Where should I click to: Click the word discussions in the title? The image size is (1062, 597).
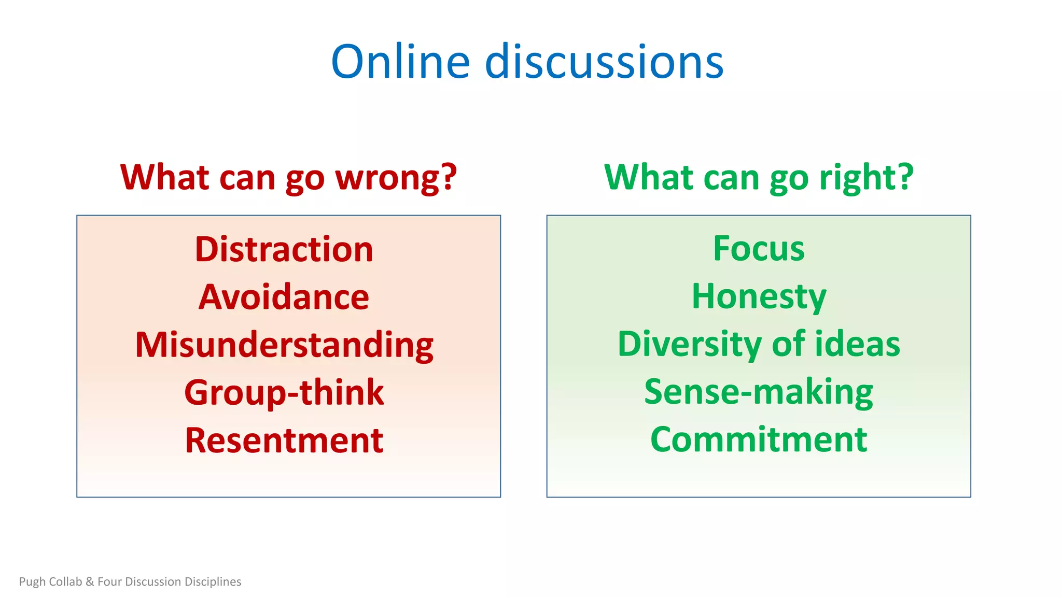pyautogui.click(x=604, y=62)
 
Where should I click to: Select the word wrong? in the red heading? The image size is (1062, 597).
pyautogui.click(x=396, y=178)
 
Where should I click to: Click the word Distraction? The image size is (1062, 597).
pyautogui.click(x=284, y=250)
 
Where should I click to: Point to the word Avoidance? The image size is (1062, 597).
pyautogui.click(x=284, y=297)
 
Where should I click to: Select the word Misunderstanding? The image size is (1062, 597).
pyautogui.click(x=284, y=345)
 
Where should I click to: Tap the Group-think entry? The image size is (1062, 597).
pyautogui.click(x=284, y=393)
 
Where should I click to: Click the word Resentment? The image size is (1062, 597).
pyautogui.click(x=284, y=440)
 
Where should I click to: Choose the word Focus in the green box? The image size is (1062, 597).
pyautogui.click(x=759, y=249)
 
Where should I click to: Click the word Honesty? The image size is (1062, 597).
pyautogui.click(x=759, y=297)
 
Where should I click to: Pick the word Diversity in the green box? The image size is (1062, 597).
pyautogui.click(x=690, y=344)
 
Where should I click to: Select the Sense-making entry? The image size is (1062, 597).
pyautogui.click(x=759, y=392)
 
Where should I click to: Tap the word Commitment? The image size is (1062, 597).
pyautogui.click(x=759, y=440)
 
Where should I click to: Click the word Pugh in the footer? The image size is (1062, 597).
pyautogui.click(x=32, y=582)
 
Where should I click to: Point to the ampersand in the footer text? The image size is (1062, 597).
pyautogui.click(x=90, y=582)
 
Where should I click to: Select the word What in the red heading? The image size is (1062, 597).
pyautogui.click(x=165, y=178)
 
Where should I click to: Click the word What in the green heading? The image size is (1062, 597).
pyautogui.click(x=649, y=178)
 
